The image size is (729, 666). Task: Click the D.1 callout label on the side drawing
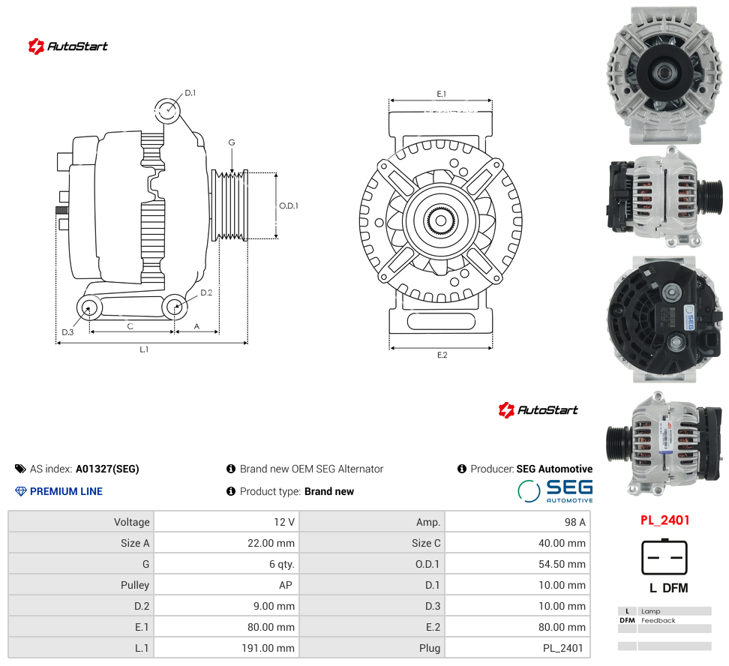(x=190, y=93)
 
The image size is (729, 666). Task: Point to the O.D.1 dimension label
(x=288, y=205)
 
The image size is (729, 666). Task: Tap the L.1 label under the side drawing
(x=144, y=349)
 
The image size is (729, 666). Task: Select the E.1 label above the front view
(x=441, y=94)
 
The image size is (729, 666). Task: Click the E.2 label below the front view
(x=442, y=355)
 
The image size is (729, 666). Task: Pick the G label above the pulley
(x=232, y=142)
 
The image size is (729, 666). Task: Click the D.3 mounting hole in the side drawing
(x=88, y=307)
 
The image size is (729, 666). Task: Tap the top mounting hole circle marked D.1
(x=167, y=111)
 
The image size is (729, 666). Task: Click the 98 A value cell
(x=574, y=522)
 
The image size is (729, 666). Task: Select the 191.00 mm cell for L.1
(x=268, y=648)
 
